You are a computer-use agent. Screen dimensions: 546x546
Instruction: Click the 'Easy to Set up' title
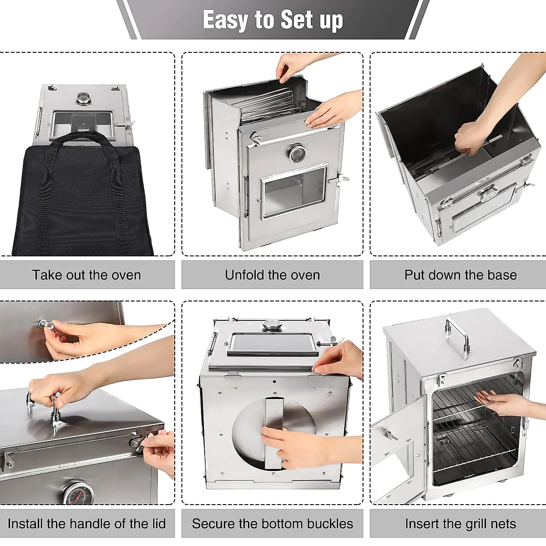(x=273, y=20)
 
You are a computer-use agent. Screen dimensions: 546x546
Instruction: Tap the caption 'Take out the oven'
(x=86, y=275)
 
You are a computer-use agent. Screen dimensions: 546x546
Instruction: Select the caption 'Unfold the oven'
(x=272, y=275)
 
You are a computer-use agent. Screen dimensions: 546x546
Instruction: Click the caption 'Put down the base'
(x=460, y=275)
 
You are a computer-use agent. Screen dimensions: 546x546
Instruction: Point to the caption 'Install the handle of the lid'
(x=86, y=524)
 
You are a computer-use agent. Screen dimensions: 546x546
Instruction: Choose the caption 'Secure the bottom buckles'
(x=272, y=524)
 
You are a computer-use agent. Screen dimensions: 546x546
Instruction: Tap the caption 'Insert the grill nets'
(x=460, y=524)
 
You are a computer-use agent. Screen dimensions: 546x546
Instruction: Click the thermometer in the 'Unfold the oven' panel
(x=297, y=153)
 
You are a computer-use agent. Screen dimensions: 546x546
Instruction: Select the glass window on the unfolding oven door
(x=294, y=192)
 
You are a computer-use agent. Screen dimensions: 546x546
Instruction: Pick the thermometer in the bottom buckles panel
(x=272, y=326)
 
